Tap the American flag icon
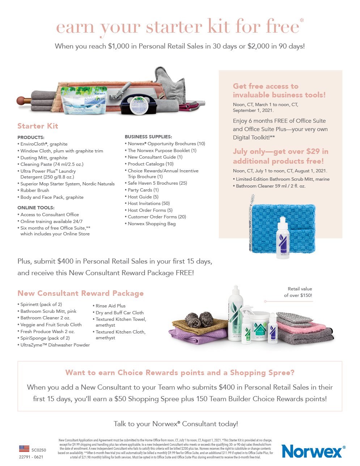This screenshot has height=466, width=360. point(24,449)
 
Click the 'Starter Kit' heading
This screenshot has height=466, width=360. point(38,126)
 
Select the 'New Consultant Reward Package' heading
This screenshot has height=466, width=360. point(80,293)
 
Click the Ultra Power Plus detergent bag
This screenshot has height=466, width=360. point(84,100)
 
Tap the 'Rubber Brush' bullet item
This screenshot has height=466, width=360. point(35,190)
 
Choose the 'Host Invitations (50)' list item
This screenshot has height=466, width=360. point(148,203)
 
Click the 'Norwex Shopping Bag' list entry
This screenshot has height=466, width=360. point(152,224)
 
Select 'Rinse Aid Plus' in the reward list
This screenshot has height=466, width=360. point(110,306)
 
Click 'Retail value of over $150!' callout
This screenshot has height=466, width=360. point(298,292)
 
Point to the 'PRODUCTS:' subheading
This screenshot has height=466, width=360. point(31,138)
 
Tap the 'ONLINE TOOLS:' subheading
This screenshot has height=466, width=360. point(36,208)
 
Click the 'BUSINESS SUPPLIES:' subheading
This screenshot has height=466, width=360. point(148,137)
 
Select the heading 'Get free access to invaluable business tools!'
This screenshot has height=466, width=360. point(279,91)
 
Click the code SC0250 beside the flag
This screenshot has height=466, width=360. point(39,450)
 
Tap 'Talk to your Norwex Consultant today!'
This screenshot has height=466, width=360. point(176,424)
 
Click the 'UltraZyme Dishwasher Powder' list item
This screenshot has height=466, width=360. point(55,345)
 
